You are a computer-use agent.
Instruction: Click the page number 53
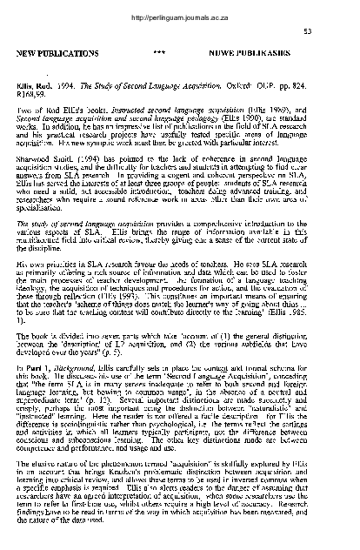pyautogui.click(x=331, y=31)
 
